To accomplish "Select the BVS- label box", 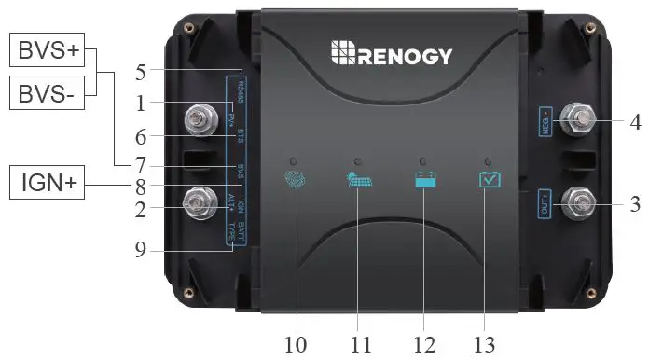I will [47, 92].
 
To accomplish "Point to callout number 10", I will [296, 343].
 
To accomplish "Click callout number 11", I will [361, 343].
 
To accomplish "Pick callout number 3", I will [635, 204].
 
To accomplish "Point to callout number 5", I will [141, 71].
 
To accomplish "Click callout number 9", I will [141, 249].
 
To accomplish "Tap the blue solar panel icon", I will [359, 180].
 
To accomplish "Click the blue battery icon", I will [424, 180].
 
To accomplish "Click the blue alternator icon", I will [295, 179].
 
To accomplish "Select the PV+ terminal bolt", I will [198, 118].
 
